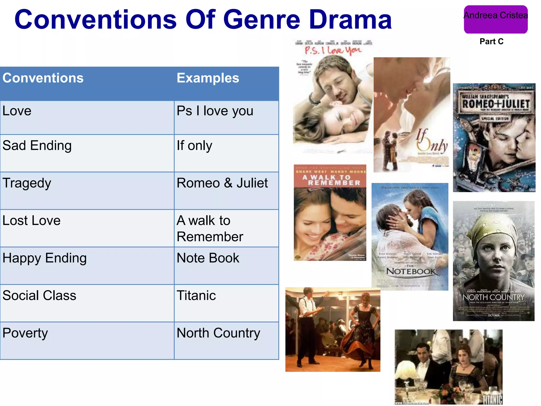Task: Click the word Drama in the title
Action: click(x=350, y=20)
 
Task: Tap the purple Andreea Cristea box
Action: click(x=496, y=20)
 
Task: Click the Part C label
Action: click(x=491, y=41)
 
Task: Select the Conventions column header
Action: click(x=43, y=78)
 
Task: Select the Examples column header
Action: click(x=208, y=78)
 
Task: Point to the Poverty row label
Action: click(x=25, y=333)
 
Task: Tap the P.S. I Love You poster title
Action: click(x=333, y=50)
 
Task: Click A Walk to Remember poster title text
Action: click(x=330, y=180)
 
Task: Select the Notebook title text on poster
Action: click(x=411, y=271)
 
